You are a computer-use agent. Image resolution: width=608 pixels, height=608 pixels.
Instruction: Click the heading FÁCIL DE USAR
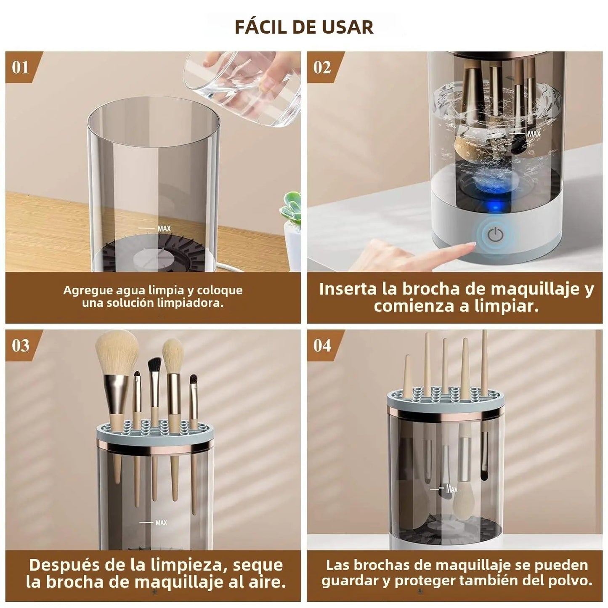click(x=304, y=27)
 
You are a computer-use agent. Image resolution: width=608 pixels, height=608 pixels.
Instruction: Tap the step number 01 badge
click(x=21, y=67)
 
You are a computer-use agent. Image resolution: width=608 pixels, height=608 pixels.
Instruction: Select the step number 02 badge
click(x=322, y=67)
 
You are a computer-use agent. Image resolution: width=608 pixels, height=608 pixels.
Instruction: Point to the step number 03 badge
click(x=21, y=345)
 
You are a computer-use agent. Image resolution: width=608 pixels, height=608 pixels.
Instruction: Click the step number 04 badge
click(x=322, y=345)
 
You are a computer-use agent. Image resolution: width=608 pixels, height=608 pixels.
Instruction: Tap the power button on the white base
click(x=495, y=235)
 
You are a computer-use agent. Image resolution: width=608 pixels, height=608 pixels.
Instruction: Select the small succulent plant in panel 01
click(x=292, y=208)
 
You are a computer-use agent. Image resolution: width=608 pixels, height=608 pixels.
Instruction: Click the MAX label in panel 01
click(x=164, y=228)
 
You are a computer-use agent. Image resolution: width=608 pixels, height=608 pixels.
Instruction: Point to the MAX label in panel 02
click(x=534, y=134)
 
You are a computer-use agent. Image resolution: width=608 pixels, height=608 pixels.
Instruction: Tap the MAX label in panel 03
click(x=161, y=523)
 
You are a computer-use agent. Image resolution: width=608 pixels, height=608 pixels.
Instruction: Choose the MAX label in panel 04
click(x=451, y=489)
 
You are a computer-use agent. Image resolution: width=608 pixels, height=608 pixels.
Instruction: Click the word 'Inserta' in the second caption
click(x=348, y=289)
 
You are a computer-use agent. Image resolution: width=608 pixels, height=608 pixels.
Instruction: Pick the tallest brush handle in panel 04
click(x=484, y=362)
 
